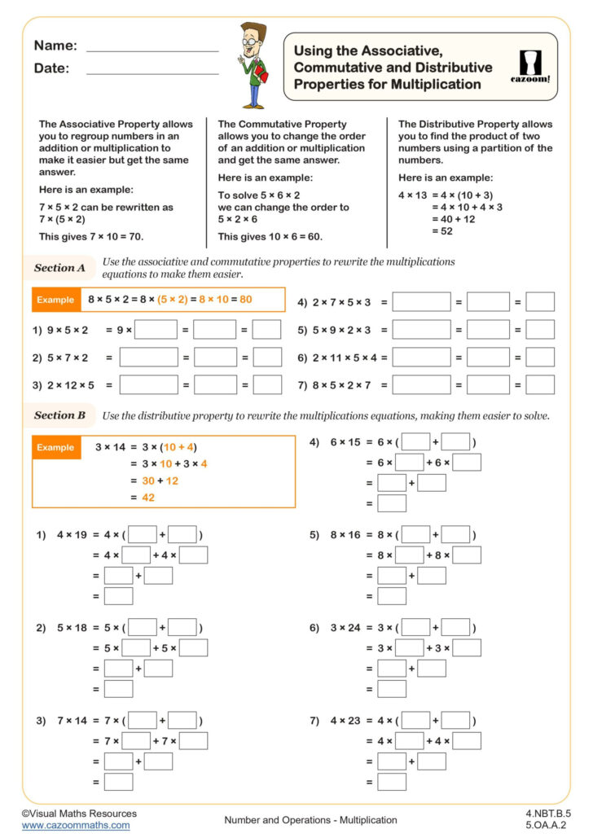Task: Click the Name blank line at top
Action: click(152, 50)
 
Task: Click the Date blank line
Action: click(152, 73)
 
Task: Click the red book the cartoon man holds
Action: click(261, 75)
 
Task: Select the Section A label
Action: click(59, 267)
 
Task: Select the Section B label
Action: click(59, 415)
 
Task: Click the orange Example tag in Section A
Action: click(55, 300)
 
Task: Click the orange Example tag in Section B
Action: click(55, 447)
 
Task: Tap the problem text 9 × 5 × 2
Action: click(68, 330)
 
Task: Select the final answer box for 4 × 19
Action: click(119, 596)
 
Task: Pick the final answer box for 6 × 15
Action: click(392, 503)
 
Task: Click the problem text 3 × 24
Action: click(348, 627)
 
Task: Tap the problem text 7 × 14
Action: click(74, 721)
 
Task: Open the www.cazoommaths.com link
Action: click(75, 825)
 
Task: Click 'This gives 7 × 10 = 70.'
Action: click(90, 236)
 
